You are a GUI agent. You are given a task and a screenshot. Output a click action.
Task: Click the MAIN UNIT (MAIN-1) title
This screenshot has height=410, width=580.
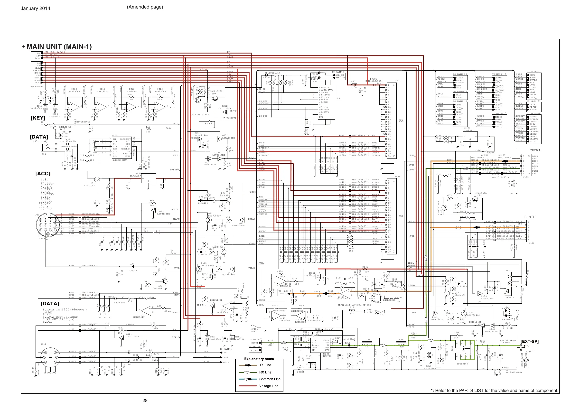coord(59,47)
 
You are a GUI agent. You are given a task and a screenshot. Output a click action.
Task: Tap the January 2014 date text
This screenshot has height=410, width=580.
coord(35,8)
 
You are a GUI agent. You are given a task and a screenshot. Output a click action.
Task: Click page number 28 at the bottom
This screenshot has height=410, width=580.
coord(145,401)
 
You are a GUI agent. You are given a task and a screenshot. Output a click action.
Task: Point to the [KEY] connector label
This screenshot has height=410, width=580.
coord(38,118)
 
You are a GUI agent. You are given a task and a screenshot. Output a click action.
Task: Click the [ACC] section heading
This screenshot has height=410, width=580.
coord(43,174)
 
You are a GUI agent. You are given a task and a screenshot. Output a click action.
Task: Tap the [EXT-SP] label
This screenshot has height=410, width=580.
coord(530,342)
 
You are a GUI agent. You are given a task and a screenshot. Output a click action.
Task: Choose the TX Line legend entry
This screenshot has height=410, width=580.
coord(265,365)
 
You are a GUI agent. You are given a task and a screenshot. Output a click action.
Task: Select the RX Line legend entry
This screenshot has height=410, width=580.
coord(265,372)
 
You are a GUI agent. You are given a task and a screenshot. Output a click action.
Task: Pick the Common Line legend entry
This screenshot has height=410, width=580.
coord(270,379)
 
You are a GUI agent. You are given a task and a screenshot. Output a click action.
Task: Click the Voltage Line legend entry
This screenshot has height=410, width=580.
coord(269,386)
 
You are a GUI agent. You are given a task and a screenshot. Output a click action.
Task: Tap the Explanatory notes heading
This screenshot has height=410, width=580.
coord(259,359)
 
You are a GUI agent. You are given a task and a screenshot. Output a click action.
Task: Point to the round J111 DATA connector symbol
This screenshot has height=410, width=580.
coord(50,357)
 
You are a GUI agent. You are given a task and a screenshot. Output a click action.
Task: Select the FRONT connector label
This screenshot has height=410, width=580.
coord(535,150)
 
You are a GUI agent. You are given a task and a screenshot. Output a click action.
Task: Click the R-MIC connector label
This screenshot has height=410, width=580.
coord(530,217)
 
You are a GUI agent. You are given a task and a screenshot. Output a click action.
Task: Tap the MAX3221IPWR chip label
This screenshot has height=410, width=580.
coord(120,160)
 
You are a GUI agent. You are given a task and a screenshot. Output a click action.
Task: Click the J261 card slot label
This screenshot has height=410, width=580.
coord(339,99)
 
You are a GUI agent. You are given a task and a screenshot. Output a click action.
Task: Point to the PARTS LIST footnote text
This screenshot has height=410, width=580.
coord(494,391)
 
